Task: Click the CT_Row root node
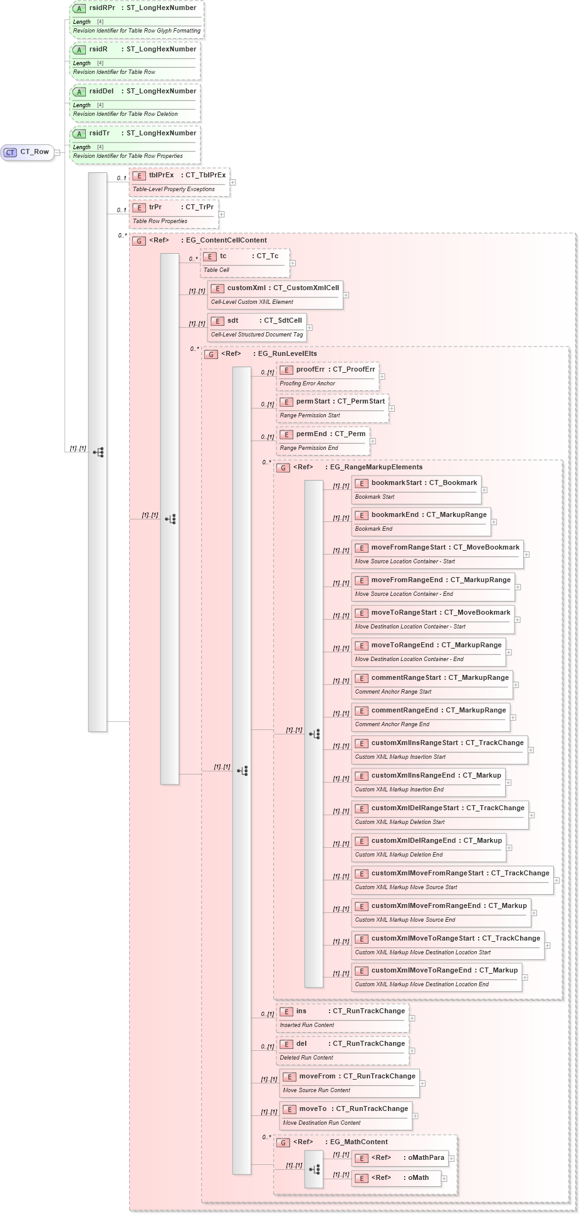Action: (x=28, y=152)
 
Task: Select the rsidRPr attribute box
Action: (x=137, y=19)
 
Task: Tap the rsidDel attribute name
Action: (x=102, y=91)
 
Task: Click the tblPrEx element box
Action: (x=179, y=182)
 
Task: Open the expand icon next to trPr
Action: (x=222, y=214)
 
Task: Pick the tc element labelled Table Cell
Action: (x=244, y=263)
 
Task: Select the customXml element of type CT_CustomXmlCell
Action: (x=275, y=295)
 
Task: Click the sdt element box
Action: (x=256, y=327)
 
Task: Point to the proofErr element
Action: (x=328, y=376)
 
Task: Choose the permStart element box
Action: (x=332, y=408)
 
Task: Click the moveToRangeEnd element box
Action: (x=428, y=652)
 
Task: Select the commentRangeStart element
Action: (x=431, y=684)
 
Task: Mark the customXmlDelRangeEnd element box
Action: (x=429, y=847)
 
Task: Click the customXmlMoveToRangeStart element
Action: (x=447, y=945)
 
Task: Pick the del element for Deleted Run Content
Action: (x=343, y=1050)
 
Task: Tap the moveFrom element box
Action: (x=349, y=1083)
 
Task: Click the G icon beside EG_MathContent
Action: (x=283, y=1142)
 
